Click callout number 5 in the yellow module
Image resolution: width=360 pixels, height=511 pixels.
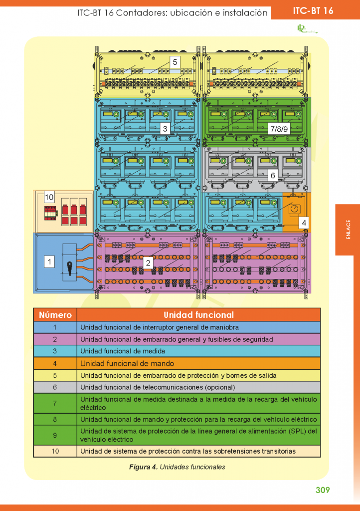(x=175, y=62)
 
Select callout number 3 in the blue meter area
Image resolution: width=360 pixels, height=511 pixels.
(x=165, y=129)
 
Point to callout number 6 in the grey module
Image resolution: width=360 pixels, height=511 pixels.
(x=273, y=176)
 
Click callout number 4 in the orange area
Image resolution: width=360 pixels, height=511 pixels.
(x=304, y=223)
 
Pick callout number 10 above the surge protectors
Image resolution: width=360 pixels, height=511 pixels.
(x=49, y=197)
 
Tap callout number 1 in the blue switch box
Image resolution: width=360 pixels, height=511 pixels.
(x=49, y=261)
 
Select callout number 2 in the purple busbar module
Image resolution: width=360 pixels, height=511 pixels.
(x=148, y=262)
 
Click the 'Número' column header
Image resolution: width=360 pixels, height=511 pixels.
(x=55, y=315)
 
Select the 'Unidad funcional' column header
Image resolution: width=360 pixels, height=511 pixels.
(x=198, y=315)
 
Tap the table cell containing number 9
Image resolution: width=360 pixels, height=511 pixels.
(x=55, y=435)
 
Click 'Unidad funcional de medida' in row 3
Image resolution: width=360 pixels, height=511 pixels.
(x=116, y=351)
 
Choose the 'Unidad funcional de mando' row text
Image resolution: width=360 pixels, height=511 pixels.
(x=127, y=363)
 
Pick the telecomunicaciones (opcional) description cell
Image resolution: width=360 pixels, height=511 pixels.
(x=157, y=387)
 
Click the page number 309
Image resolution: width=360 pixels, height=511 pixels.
(x=323, y=490)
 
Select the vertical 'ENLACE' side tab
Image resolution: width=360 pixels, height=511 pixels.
(x=348, y=230)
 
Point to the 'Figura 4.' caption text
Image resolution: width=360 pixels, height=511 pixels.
(x=144, y=467)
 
